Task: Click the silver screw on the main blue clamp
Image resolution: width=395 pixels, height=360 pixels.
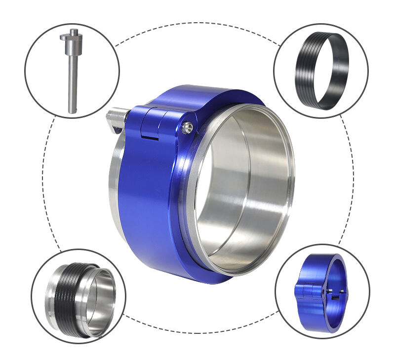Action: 187,127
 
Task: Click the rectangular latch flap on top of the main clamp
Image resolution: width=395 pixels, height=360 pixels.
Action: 150,127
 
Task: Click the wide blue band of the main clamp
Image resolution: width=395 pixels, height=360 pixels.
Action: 148,197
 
